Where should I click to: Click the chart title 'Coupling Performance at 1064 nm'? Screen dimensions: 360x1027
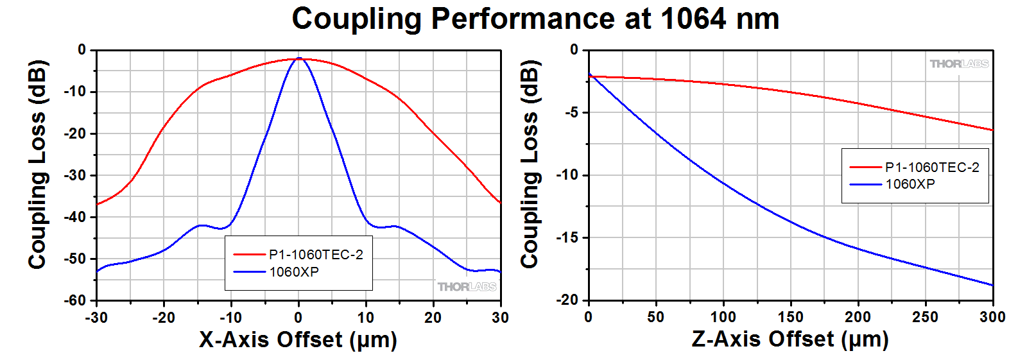[535, 19]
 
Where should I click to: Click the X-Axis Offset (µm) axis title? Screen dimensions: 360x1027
[298, 339]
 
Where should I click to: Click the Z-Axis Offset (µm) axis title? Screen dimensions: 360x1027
[790, 339]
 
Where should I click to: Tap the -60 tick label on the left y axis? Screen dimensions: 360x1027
[74, 300]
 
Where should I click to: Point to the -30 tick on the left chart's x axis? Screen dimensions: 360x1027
[96, 317]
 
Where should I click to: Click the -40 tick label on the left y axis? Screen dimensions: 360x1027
[74, 217]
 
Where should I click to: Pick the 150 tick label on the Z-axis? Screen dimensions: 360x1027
[790, 317]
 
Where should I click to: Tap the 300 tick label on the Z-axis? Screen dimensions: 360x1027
[992, 317]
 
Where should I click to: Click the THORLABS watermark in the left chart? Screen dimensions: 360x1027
[467, 287]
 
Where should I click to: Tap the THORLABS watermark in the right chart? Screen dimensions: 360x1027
[959, 64]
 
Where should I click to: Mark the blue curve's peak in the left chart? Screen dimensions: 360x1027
[298, 58]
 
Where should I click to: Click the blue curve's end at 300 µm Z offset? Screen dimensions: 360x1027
[992, 285]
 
